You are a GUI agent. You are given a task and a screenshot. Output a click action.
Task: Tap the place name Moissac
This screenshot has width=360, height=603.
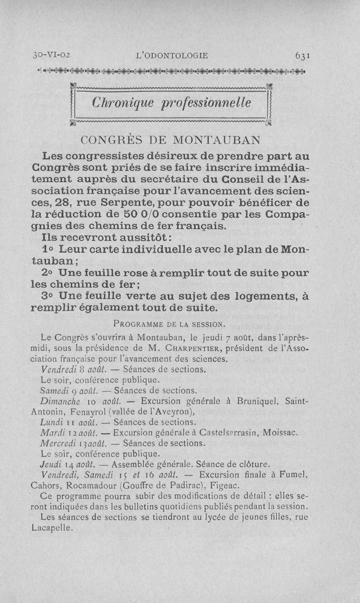279,433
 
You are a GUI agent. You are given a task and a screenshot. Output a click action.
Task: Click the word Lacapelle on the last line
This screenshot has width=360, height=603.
52,528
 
